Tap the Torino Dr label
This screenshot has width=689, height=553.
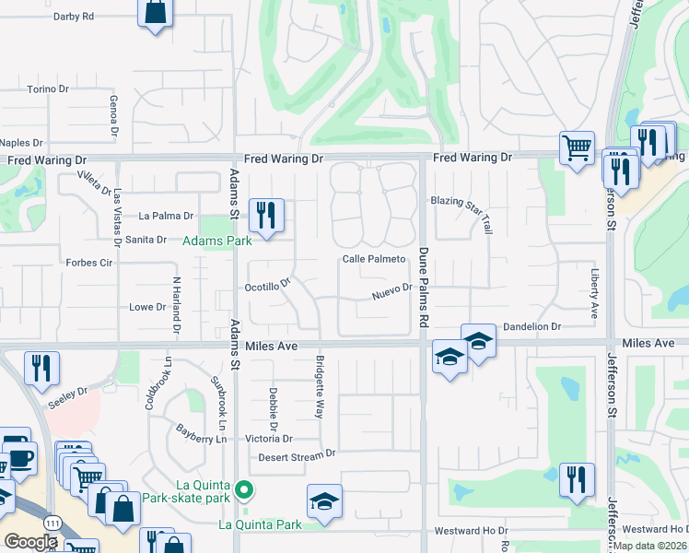point(48,89)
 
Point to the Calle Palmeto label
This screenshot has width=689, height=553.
point(374,260)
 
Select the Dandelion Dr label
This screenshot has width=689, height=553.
point(530,327)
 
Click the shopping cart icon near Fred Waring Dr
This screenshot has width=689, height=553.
point(577,146)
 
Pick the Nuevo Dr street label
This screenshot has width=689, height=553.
point(391,291)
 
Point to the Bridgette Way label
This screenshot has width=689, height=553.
point(321,387)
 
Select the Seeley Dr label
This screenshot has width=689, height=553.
point(69,392)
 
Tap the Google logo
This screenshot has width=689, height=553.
point(29,541)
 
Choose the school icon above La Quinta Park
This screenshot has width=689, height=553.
point(324,501)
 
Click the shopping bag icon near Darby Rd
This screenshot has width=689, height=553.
point(156,13)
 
